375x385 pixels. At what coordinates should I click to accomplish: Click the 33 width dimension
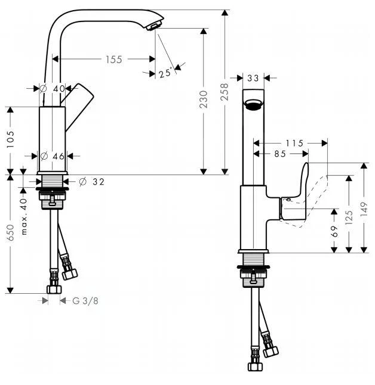[253, 77]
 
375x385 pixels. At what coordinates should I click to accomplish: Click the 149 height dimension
[365, 208]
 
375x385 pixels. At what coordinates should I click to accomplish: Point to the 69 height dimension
[335, 231]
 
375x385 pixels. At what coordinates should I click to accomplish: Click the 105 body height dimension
[11, 139]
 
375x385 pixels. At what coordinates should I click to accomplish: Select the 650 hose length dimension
[11, 232]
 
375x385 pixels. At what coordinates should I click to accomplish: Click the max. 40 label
[24, 216]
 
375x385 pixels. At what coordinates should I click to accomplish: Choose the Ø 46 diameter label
[51, 156]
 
